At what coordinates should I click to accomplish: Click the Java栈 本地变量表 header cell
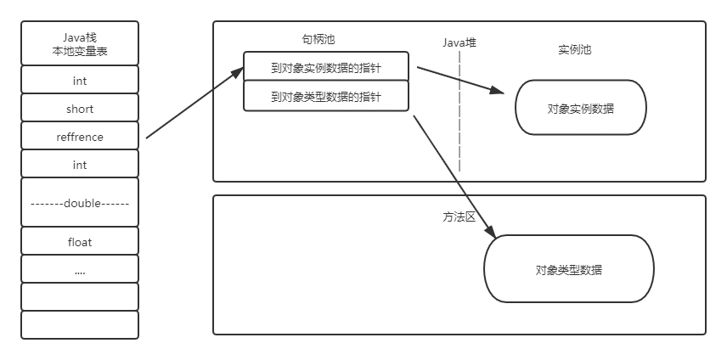[x=79, y=45]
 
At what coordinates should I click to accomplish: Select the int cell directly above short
[x=79, y=82]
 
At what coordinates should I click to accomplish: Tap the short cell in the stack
[x=79, y=109]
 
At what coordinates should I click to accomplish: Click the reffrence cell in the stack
[x=79, y=136]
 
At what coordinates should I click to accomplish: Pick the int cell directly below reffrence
[x=79, y=165]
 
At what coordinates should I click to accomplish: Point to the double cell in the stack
[x=79, y=203]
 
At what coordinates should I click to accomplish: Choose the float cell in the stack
[x=79, y=242]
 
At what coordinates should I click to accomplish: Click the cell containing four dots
[x=79, y=270]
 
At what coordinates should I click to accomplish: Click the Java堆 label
[x=460, y=42]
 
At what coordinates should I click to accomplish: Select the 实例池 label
[x=574, y=50]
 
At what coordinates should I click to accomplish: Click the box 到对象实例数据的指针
[x=326, y=67]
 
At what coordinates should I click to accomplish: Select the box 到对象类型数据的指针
[x=326, y=97]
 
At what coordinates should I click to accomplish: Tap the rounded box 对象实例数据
[x=581, y=109]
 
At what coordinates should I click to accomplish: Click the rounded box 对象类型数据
[x=569, y=271]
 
